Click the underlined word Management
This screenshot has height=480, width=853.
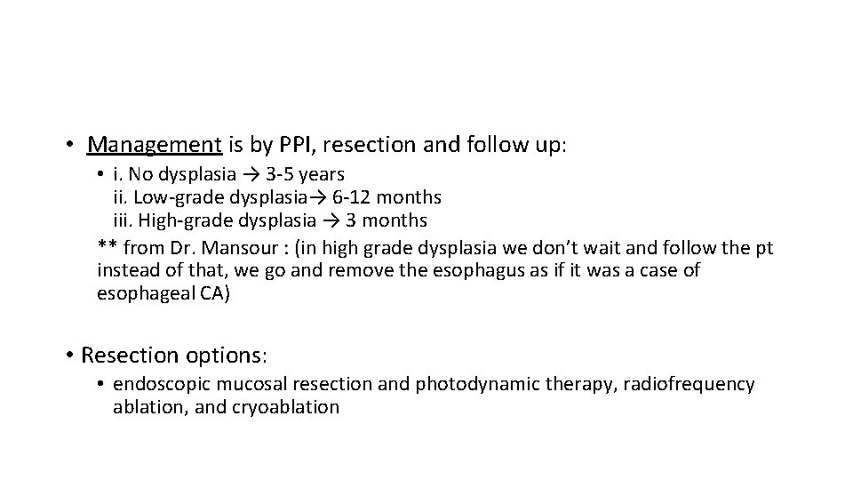pos(155,144)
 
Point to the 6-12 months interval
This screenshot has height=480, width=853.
pos(389,196)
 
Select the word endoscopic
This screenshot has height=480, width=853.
pos(157,384)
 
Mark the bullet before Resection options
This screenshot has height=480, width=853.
pos(70,356)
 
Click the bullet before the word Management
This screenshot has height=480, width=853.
pos(68,144)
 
